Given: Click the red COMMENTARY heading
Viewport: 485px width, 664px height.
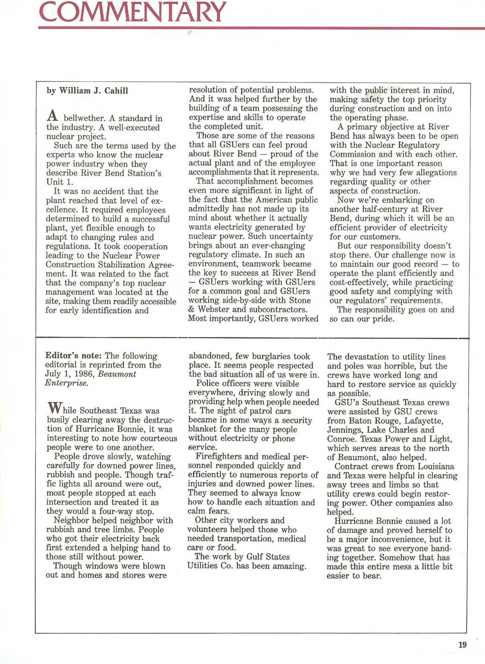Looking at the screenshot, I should point(133,11).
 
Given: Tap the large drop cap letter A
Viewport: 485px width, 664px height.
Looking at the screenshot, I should point(53,115).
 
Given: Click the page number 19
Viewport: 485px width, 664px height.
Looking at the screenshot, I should point(462,644).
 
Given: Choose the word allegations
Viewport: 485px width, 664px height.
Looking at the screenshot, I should point(432,173).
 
